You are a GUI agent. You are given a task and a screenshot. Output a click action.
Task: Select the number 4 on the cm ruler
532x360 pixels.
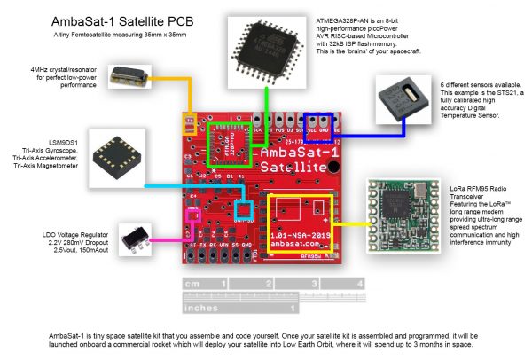click(357, 283)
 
